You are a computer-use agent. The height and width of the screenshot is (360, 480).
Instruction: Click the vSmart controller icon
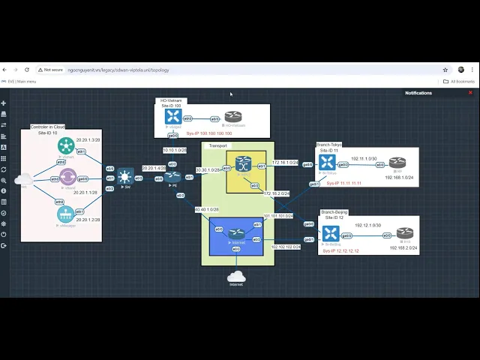point(66,145)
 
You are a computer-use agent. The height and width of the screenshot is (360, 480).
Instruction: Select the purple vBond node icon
point(67,178)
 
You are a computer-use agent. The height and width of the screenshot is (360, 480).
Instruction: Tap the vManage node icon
point(66,214)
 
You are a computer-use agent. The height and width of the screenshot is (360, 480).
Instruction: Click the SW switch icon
point(125,177)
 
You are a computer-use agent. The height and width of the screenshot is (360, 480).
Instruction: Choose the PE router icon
point(173,177)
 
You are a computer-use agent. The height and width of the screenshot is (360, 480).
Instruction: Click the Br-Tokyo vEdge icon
point(327,162)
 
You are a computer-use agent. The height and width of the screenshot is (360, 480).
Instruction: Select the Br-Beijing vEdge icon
point(331,233)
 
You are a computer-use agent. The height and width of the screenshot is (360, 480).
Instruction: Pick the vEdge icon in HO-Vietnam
point(173,116)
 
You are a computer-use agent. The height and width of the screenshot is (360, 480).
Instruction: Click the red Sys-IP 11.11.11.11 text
point(343,183)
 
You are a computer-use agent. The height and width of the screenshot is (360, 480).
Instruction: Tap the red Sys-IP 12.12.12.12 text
point(341,251)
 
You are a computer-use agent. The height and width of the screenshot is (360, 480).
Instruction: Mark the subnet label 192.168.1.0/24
point(400,178)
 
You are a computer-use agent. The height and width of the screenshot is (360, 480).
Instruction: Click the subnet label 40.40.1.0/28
point(206,210)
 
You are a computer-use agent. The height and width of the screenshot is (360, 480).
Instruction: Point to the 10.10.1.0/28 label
point(174,150)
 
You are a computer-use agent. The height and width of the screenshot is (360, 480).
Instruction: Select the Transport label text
point(217,145)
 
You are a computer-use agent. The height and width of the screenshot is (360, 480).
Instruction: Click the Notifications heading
point(418,93)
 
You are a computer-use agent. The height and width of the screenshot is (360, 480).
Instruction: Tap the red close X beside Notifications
point(470,93)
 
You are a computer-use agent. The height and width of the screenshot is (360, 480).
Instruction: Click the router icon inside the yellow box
point(242,163)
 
